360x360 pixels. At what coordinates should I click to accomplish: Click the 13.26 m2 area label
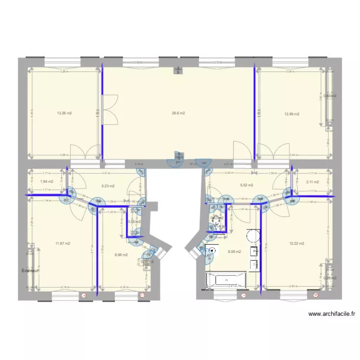(64, 113)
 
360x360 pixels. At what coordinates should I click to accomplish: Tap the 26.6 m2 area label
(179, 113)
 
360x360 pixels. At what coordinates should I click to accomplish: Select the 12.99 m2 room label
(291, 114)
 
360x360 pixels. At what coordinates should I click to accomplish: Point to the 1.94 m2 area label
(47, 181)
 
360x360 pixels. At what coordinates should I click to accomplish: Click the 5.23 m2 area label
(108, 186)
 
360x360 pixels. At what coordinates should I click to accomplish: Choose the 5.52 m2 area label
(246, 185)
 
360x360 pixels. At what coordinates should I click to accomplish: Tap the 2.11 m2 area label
(312, 182)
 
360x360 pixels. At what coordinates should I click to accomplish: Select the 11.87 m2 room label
(63, 243)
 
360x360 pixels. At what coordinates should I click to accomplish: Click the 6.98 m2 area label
(121, 255)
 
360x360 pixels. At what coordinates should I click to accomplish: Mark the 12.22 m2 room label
(297, 243)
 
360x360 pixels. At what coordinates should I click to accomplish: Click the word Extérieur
(30, 271)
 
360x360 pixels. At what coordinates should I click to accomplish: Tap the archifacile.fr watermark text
(332, 314)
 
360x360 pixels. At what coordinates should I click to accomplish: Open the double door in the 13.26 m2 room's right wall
(109, 110)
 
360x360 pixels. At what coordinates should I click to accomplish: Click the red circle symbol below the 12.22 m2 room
(316, 295)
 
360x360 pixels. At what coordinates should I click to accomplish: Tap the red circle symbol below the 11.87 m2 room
(85, 295)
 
